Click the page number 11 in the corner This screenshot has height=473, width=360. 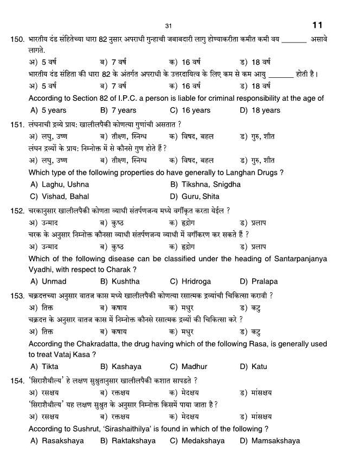coord(318,25)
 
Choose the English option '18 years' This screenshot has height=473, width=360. coord(260,110)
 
